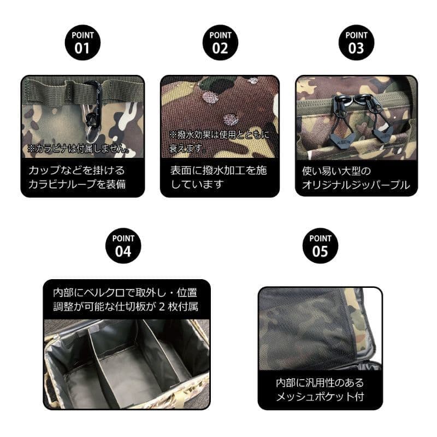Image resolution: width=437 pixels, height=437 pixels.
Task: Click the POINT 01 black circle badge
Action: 82,43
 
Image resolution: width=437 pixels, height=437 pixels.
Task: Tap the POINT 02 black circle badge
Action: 220,43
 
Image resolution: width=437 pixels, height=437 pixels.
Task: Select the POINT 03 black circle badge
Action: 356,43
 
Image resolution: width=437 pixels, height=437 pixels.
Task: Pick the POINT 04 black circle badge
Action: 123,246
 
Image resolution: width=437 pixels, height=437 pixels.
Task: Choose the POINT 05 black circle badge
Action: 320,246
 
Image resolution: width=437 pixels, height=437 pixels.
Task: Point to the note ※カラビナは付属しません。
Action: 79,149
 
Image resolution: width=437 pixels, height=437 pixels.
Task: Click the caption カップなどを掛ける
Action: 76,170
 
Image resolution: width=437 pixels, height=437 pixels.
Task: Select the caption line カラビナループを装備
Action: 77,184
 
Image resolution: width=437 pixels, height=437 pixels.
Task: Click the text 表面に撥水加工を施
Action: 219,170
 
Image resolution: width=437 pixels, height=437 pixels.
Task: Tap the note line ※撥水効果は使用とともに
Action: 220,135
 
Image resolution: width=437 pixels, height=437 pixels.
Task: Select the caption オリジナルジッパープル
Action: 356,185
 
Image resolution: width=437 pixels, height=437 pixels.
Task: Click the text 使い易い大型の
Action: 336,171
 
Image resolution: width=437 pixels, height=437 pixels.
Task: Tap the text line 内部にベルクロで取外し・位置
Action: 125,293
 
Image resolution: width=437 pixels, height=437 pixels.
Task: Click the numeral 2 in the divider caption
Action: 162,307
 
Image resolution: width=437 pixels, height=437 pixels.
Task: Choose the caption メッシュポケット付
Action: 320,397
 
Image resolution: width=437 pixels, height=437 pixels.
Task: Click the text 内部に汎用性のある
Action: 320,383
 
